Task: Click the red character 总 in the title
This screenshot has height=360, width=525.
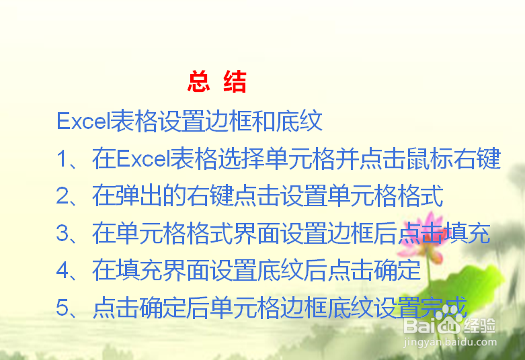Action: coord(199,81)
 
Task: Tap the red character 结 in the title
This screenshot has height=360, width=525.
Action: coord(235,81)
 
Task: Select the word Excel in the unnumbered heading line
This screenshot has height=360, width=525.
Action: coord(83,121)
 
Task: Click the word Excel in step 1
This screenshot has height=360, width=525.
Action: coord(143,159)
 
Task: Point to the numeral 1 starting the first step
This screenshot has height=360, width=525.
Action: coord(63,159)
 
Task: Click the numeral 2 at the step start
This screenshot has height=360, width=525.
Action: coord(63,195)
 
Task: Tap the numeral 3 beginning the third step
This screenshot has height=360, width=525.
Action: coord(63,233)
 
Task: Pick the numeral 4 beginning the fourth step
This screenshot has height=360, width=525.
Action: coord(63,270)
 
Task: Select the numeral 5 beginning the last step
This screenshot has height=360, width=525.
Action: coord(63,308)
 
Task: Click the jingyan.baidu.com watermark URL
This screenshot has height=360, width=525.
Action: coord(450,343)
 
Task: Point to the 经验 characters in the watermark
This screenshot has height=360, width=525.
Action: coord(479,325)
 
